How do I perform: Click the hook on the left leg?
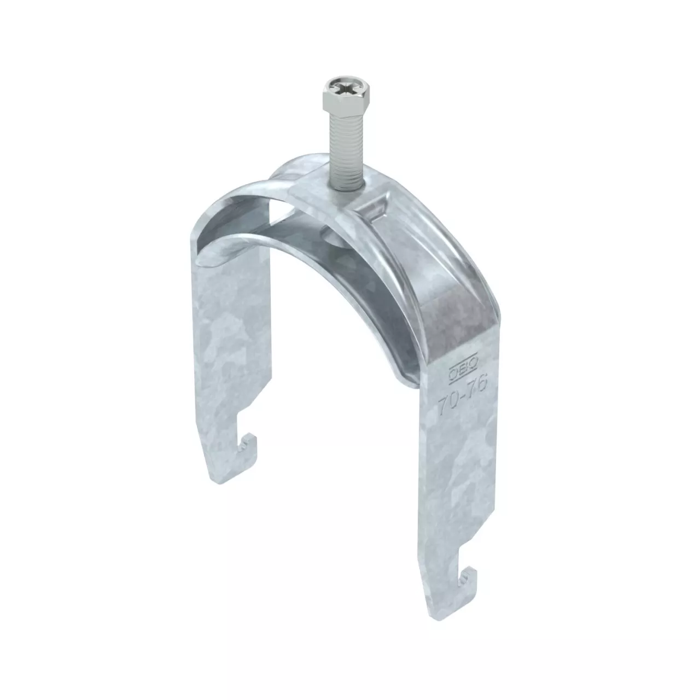[247, 446]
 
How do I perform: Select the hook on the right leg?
[467, 582]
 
